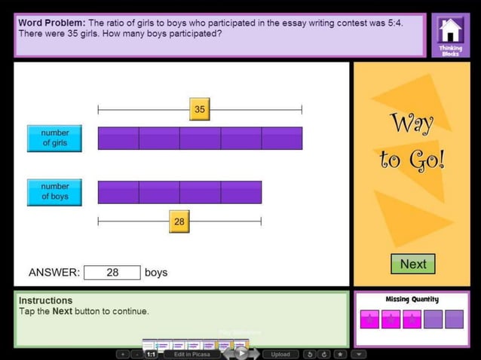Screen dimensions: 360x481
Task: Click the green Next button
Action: (413, 264)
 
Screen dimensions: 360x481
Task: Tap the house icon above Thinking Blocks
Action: (450, 30)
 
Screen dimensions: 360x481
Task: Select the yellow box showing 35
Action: (199, 109)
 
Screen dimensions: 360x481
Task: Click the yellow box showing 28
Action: (179, 221)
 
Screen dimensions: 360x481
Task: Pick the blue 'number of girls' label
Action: (54, 138)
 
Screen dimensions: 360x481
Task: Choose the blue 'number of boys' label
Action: (54, 191)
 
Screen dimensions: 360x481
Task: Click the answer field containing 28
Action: (112, 273)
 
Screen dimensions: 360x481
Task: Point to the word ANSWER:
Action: (54, 273)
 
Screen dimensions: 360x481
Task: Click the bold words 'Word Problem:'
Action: (51, 23)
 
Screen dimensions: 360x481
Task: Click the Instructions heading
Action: (45, 300)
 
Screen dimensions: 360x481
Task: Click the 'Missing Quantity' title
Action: (412, 299)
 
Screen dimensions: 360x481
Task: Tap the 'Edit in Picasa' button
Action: (191, 354)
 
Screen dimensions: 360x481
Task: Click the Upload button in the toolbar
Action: (280, 354)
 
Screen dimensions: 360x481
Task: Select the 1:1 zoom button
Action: (151, 354)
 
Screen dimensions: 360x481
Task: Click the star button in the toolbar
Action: (341, 354)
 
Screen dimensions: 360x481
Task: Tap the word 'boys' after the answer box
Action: (156, 273)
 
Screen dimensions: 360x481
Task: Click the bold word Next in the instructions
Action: (62, 311)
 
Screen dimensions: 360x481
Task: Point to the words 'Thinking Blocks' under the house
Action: (450, 50)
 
